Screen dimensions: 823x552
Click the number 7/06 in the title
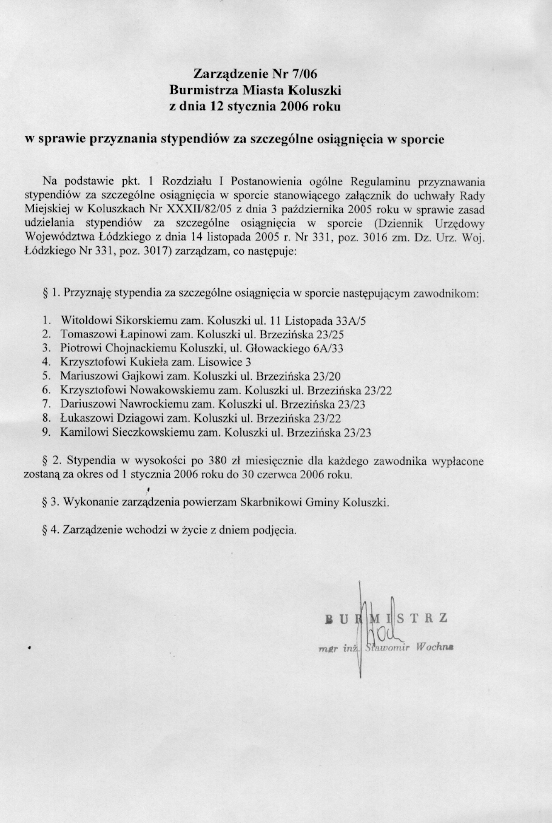(302, 74)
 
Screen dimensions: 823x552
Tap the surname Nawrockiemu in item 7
(155, 404)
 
